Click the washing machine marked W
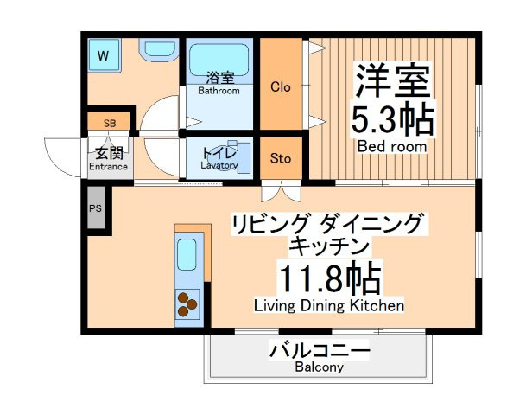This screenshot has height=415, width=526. pos(104,55)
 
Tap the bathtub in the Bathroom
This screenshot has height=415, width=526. pos(219,61)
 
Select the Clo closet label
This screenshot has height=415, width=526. pos(281,87)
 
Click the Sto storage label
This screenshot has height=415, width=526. pos(281,158)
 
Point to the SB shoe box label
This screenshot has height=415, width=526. pos(110,124)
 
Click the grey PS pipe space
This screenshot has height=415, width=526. pos(96,207)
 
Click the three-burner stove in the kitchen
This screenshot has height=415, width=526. pos(187,304)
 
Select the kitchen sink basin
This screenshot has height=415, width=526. pos(187,255)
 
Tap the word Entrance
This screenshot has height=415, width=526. pos(108,167)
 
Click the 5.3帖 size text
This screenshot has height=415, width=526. pos(392,118)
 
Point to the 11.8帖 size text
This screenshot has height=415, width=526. pos(331,279)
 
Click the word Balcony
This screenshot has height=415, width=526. pos(319,367)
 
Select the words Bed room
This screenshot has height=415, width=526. pos(392,146)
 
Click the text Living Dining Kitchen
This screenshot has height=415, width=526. pos(329,305)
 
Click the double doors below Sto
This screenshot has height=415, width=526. pos(281,191)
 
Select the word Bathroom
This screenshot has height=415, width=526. pos(219,91)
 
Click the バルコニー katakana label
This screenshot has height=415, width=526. pos(320,351)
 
